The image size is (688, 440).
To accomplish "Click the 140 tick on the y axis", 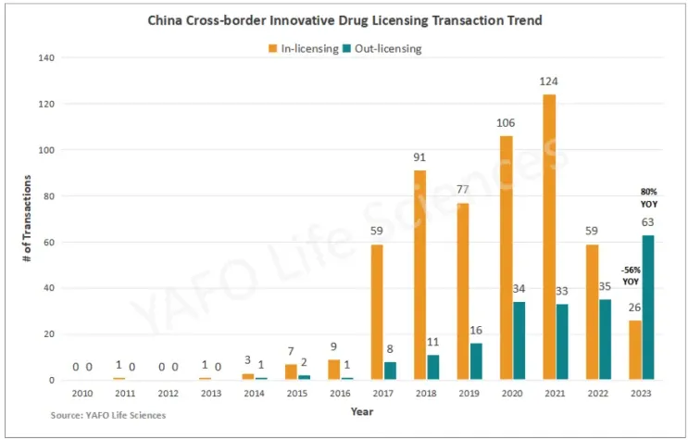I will [45, 58].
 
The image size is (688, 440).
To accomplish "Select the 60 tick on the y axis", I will [48, 242].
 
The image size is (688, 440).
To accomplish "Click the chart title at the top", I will [344, 19].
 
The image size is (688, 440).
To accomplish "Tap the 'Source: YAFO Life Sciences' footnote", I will [108, 415].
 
